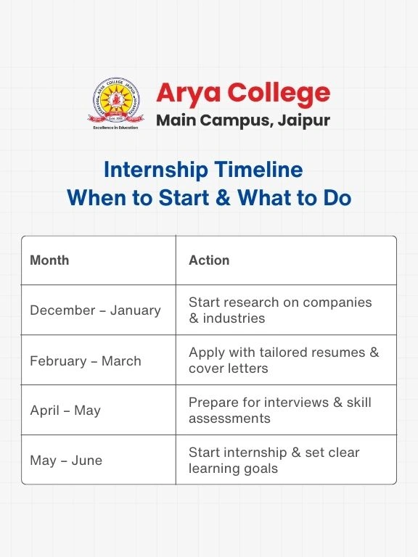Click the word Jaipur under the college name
(x=304, y=120)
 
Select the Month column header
(x=49, y=260)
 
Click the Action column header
(x=209, y=260)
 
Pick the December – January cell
(x=95, y=310)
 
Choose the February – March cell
(x=86, y=360)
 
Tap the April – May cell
(x=65, y=410)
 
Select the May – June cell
(x=66, y=461)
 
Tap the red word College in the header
(x=278, y=94)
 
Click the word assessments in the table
(x=229, y=418)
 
